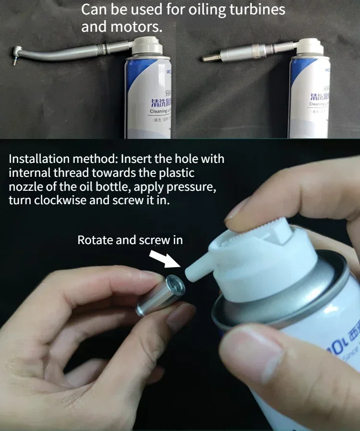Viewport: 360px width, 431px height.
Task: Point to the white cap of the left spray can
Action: pyautogui.click(x=147, y=47)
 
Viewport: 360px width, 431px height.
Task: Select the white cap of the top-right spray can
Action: pyautogui.click(x=310, y=47)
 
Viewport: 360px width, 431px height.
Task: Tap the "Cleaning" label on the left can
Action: pyautogui.click(x=158, y=111)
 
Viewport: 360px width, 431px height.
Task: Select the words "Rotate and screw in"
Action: pyautogui.click(x=130, y=240)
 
